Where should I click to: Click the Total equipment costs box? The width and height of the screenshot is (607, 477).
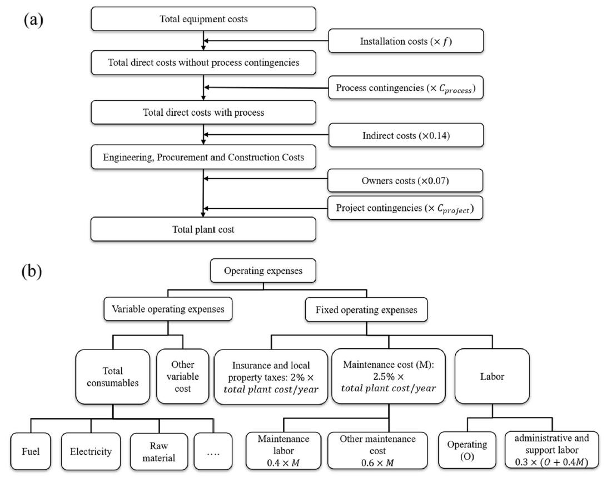203,19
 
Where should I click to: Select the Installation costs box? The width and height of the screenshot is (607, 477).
406,41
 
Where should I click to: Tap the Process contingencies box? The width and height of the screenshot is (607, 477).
406,87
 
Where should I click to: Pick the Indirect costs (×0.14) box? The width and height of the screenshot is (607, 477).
406,135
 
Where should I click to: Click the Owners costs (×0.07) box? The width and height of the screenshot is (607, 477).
405,180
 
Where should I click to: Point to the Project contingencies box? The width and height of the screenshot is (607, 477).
405,208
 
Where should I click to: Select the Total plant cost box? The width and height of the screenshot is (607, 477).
203,229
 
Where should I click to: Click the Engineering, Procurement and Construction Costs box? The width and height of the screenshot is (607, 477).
203,157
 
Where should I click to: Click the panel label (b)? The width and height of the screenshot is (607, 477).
32,271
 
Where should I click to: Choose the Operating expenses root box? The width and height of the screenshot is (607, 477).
263,271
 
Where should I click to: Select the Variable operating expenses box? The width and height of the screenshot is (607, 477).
168,309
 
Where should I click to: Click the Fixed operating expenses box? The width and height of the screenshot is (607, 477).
366,309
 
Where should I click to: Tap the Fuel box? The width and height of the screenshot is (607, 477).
31,451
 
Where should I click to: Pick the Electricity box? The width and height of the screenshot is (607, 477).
91,451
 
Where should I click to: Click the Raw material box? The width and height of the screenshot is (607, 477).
159,451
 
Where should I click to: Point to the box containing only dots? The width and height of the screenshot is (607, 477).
213,451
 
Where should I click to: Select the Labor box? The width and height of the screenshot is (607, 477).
492,376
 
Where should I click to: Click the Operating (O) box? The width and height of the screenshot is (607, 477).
467,450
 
